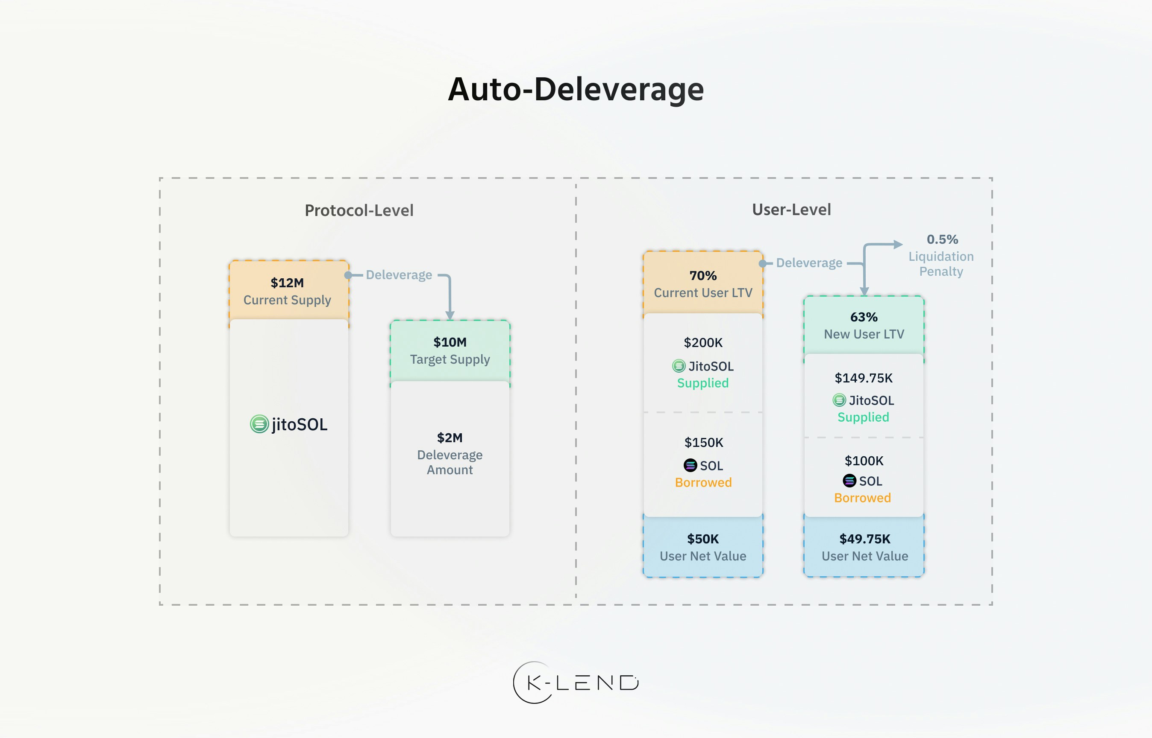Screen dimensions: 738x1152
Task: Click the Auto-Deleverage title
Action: point(576,90)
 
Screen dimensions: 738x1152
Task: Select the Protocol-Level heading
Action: point(359,210)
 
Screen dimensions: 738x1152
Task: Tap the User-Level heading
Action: point(791,210)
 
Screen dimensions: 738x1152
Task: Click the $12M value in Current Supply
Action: point(287,283)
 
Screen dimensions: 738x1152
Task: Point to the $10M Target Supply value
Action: point(450,342)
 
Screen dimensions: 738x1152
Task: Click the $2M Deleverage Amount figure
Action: point(450,438)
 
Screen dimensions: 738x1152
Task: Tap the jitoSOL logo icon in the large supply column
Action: point(259,424)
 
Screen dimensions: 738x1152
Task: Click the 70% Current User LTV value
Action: point(702,276)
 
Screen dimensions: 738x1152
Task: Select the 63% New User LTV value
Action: point(864,317)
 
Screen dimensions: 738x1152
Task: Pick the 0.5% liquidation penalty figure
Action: point(942,239)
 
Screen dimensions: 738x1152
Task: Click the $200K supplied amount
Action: point(702,343)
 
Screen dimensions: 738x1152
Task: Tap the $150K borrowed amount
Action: point(703,442)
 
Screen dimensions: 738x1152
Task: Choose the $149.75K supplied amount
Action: point(863,378)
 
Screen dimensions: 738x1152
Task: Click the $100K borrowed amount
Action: point(863,461)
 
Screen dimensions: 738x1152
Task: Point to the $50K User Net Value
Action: point(702,539)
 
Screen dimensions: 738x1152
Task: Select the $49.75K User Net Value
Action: point(864,539)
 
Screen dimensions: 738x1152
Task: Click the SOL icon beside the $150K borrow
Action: point(690,465)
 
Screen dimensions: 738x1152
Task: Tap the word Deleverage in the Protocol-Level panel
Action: point(399,275)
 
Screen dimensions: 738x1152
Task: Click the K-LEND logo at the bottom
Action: point(576,683)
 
